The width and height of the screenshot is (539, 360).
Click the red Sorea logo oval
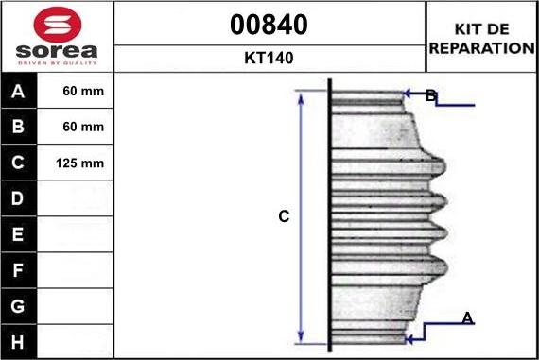[58, 25]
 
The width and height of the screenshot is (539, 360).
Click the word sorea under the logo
[57, 51]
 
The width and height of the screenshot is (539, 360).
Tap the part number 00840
[269, 25]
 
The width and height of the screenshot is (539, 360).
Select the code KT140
[269, 58]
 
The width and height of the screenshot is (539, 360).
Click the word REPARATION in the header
[481, 48]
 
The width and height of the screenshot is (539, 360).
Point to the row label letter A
[18, 92]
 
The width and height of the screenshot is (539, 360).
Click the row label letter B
[18, 127]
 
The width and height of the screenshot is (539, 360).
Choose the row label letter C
[18, 163]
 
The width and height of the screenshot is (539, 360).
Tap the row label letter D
[18, 198]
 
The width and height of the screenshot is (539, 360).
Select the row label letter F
[18, 270]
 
